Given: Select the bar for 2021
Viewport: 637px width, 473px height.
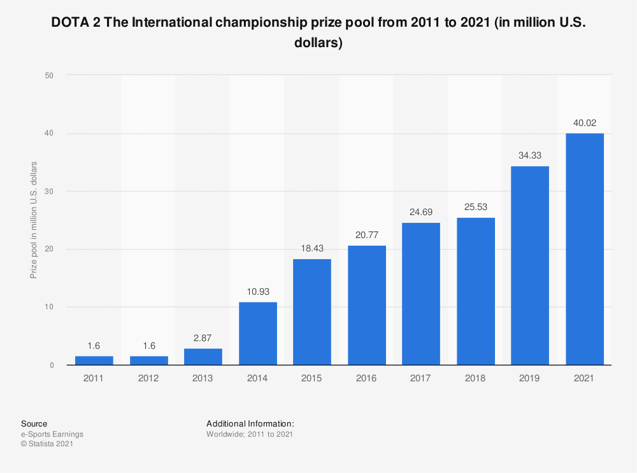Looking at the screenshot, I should coord(584,249).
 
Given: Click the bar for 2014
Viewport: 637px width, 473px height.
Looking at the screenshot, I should coord(257,333).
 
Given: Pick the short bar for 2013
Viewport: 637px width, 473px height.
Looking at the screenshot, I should coord(203,357).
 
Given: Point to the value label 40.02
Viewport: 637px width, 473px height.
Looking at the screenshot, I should coord(584,123).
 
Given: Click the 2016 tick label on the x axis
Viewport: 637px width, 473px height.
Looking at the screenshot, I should coord(366,378).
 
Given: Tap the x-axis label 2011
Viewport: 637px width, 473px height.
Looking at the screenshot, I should coord(94,378).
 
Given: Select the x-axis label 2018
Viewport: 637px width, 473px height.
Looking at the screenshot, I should coord(475,378).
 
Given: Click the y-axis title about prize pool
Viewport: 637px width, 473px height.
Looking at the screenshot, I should coord(34,220).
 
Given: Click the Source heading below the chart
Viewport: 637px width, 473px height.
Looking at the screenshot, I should coord(34,423).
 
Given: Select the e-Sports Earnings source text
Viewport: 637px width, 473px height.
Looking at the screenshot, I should coord(52,434).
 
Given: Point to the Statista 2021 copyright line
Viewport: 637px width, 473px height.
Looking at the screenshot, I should coord(47,444).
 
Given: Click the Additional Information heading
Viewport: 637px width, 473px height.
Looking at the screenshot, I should coord(250,423).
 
